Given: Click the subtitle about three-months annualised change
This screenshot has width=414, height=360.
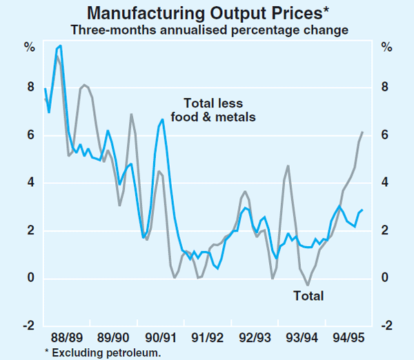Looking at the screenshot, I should pos(207,30).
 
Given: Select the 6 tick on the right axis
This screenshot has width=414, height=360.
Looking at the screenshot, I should pos(385,135).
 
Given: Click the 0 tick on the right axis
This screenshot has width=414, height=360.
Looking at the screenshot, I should pos(385,278).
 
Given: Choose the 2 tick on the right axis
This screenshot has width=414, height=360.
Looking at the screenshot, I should pos(385,230).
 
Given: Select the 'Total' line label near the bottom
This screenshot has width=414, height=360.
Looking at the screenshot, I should pos(308,297).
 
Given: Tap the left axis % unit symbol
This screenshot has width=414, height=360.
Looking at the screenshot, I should pos(30,48).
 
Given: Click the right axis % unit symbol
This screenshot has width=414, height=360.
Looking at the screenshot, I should pos(386,48).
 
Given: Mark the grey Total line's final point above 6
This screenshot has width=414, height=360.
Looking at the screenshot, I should pos(363,132).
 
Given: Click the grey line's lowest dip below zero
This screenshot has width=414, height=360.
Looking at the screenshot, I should pos(308,284).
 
